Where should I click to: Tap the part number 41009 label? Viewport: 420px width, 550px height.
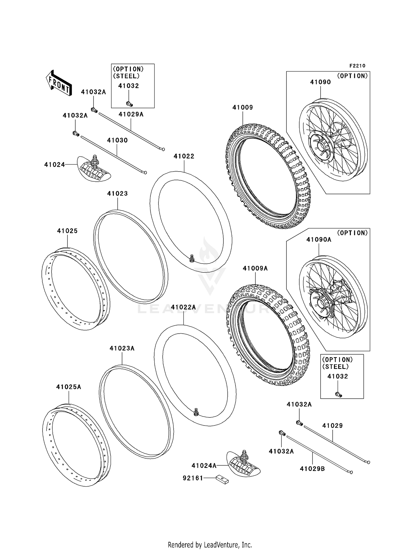242,107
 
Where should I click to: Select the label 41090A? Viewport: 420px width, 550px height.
319,240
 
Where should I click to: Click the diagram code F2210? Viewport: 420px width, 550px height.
357,66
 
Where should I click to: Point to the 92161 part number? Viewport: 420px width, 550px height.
193,478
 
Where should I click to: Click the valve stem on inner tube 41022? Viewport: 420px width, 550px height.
192,258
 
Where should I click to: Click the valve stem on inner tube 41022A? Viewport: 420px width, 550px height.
196,412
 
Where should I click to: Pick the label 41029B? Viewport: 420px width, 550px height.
312,469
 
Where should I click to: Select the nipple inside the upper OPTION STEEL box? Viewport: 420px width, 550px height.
129,104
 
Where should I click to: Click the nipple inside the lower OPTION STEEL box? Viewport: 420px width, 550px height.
339,394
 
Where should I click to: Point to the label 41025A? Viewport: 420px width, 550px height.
69,387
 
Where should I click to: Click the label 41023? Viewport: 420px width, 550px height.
117,193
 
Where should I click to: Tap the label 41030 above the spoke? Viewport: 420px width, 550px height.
117,140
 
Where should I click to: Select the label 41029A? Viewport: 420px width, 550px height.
131,114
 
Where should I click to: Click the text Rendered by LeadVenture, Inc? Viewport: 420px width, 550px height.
210,545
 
